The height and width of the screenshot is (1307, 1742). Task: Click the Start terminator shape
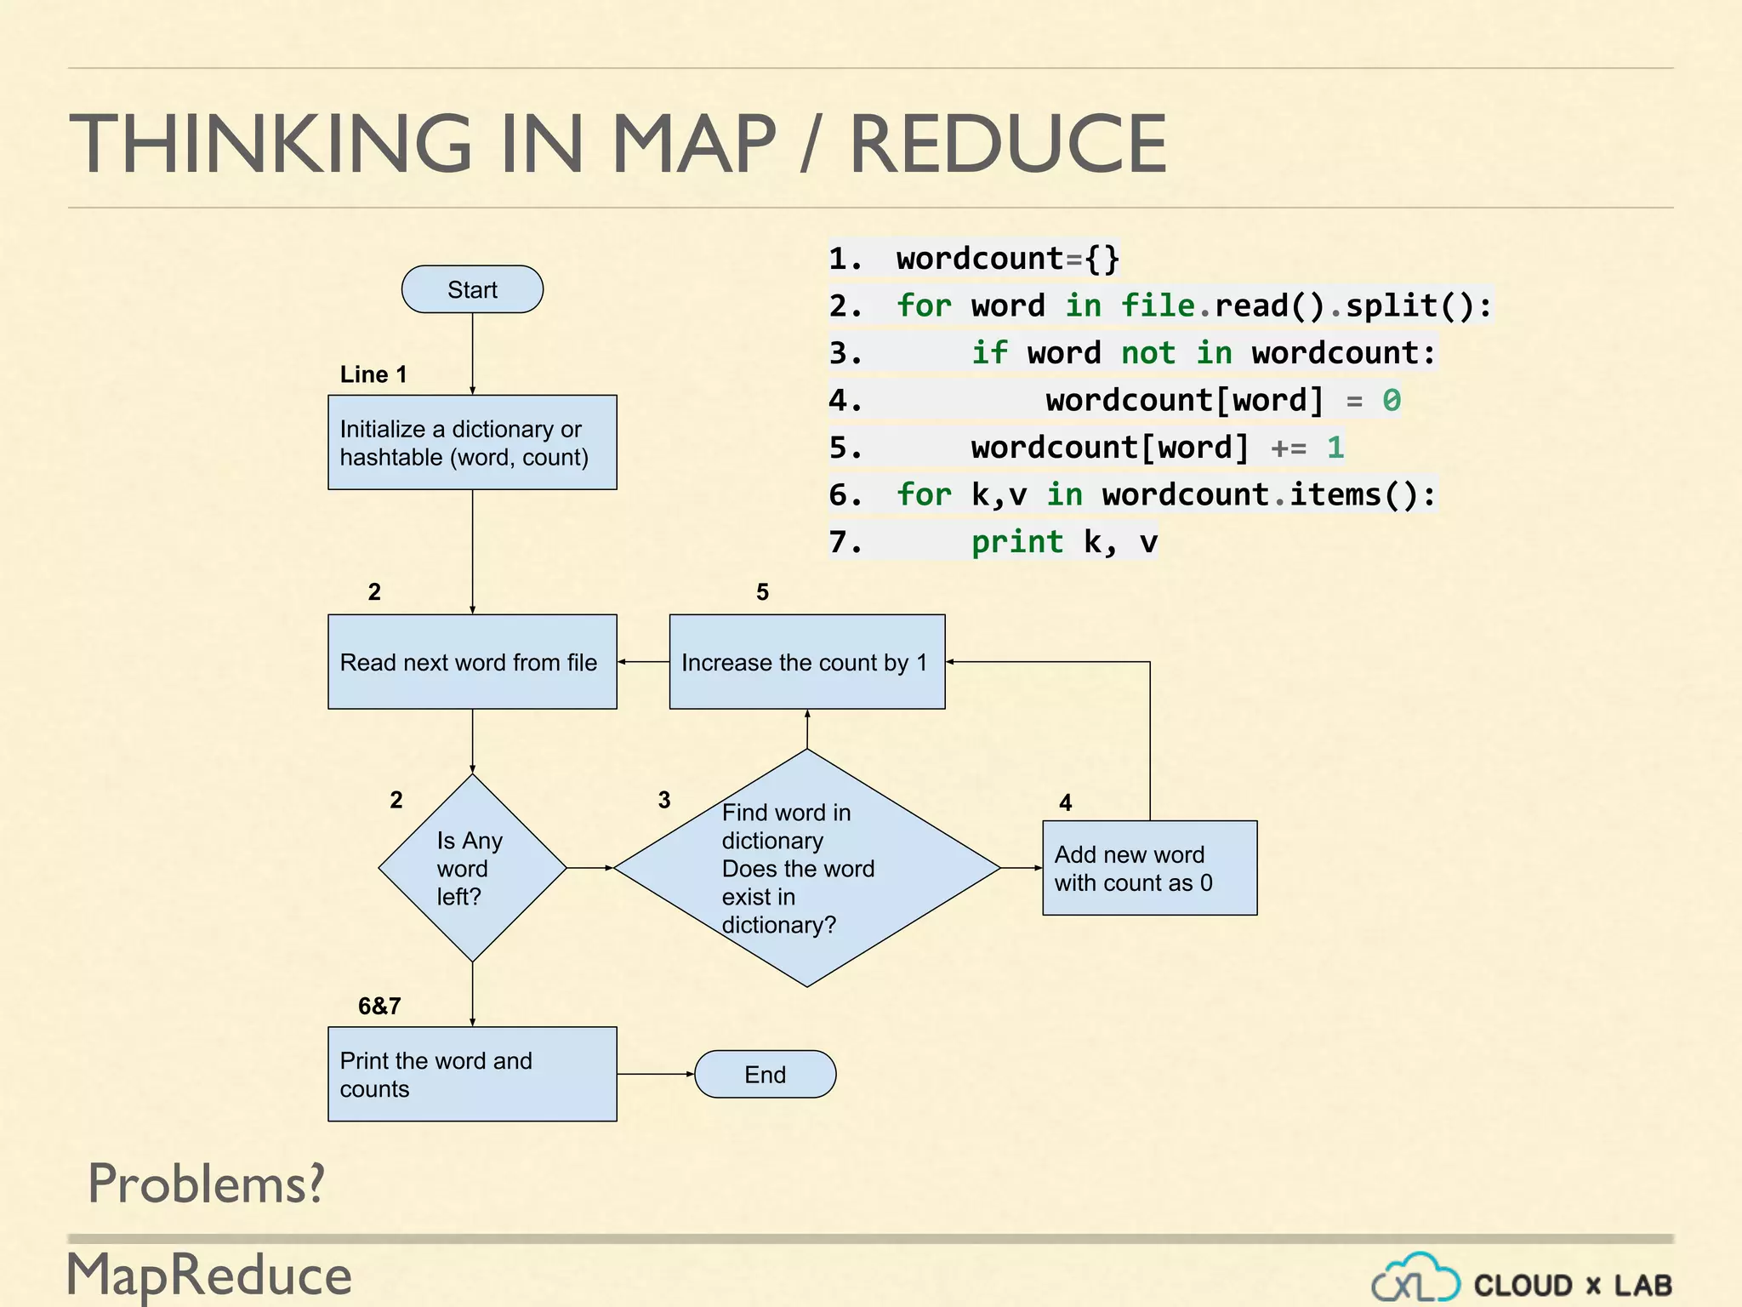coord(472,289)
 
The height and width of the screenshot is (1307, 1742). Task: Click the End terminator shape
coord(765,1074)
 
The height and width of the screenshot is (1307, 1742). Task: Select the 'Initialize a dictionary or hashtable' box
coord(472,442)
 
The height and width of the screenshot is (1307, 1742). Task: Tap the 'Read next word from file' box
coord(472,662)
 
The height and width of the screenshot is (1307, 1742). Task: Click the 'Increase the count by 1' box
coord(806,662)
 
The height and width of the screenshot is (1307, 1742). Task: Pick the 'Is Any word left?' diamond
coord(472,868)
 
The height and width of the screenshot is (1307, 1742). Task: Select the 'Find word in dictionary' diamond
coord(806,868)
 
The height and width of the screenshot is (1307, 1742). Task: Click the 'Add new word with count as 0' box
coord(1149,868)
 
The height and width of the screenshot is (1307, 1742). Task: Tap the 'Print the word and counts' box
coord(472,1074)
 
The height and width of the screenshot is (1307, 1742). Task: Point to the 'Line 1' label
coord(373,374)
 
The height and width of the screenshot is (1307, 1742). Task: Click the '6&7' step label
coord(379,1006)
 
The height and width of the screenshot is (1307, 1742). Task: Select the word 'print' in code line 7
coord(1016,542)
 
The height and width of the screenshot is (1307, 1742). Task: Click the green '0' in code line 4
coord(1391,400)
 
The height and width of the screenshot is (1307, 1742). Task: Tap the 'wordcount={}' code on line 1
coord(1007,259)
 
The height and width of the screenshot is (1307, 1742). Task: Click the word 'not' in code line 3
coord(1147,353)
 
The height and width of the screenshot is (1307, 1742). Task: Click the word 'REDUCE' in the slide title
coord(1008,145)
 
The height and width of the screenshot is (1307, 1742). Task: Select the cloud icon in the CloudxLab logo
coord(1415,1279)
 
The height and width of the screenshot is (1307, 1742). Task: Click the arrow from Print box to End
coord(655,1074)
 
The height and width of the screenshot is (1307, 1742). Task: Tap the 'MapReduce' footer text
coord(209,1275)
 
